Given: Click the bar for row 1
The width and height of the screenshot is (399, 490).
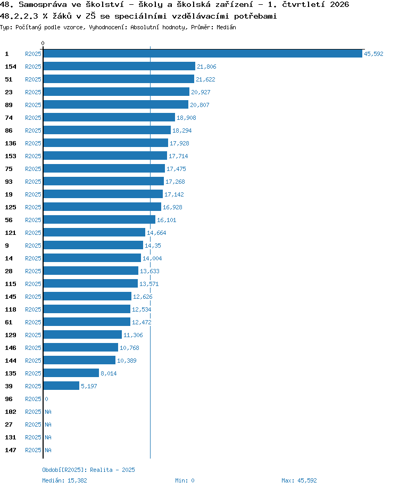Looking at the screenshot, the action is [x=203, y=54].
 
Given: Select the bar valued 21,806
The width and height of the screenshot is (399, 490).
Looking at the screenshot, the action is [x=119, y=66].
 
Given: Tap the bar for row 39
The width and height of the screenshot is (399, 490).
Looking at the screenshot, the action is [x=61, y=386].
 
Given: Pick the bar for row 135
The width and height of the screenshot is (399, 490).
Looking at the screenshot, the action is [x=71, y=373].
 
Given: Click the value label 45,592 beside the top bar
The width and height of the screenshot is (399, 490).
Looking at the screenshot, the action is [x=373, y=54].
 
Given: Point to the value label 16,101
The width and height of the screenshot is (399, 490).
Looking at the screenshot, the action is [x=167, y=220].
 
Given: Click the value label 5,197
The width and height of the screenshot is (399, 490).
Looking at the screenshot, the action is [x=89, y=386].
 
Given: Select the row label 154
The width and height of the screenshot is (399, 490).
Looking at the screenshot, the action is [x=11, y=67].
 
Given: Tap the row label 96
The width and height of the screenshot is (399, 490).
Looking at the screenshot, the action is [x=9, y=399].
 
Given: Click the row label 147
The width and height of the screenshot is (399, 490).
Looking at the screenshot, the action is [x=11, y=450].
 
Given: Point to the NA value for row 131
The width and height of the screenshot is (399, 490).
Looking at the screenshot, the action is [x=48, y=437].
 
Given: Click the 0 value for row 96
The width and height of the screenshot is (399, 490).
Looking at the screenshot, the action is [x=46, y=399].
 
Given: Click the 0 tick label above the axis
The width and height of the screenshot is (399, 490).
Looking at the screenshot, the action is [x=43, y=43].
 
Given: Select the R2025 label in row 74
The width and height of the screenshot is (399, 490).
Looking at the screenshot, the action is [x=33, y=118].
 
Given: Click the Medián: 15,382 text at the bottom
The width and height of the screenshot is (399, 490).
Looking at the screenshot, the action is [x=64, y=480].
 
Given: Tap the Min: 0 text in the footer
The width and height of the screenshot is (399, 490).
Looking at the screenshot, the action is [x=185, y=480].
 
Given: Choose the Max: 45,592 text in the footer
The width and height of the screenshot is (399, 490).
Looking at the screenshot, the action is [x=299, y=480].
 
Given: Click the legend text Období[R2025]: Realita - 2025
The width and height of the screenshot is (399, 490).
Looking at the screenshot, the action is [x=89, y=470].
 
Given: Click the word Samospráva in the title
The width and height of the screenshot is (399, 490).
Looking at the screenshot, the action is [x=43, y=5].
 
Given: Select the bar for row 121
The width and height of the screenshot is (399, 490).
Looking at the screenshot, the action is [x=94, y=233].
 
